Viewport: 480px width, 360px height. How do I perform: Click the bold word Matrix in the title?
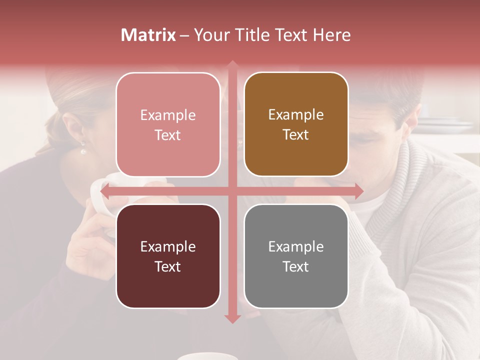[148, 35]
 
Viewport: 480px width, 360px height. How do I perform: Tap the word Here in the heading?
[331, 35]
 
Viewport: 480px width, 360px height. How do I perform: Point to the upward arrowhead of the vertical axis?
[232, 64]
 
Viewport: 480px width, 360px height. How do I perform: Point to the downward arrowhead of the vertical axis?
[232, 318]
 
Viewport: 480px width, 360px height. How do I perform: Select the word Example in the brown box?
[296, 115]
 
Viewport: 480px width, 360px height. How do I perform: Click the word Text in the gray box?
[296, 266]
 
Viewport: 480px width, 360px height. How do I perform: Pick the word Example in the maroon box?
[168, 246]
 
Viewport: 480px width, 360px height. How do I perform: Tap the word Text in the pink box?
[168, 135]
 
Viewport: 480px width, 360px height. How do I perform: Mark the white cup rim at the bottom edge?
[207, 356]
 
